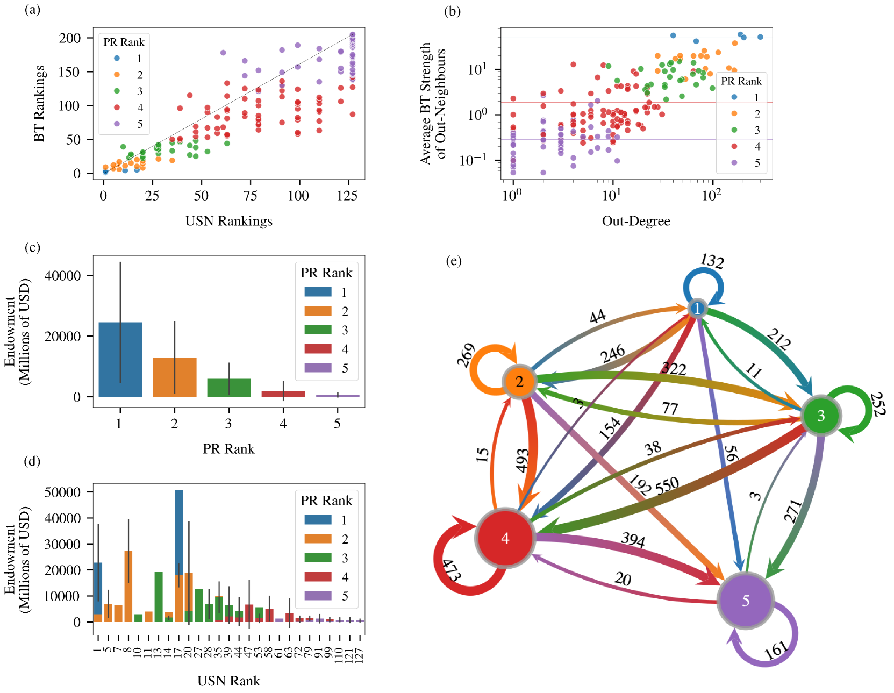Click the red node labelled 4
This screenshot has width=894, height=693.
[x=505, y=538]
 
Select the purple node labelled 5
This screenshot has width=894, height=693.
[x=745, y=601]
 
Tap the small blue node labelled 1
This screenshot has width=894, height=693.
[x=697, y=309]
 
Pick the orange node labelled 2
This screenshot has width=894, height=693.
[x=519, y=382]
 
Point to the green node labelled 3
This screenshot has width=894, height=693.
[x=820, y=416]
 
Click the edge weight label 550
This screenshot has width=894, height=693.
[x=667, y=486]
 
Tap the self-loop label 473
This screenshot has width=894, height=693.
[x=451, y=570]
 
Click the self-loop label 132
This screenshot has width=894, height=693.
[x=712, y=261]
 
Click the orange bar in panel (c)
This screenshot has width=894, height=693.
[x=175, y=377]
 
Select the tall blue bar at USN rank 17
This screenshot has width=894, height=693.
[x=179, y=532]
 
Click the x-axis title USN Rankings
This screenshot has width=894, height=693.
[x=228, y=221]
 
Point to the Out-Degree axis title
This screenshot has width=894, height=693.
[x=636, y=221]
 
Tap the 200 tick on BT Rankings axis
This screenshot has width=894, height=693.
[x=70, y=38]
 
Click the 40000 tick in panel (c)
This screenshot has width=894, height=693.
[x=62, y=275]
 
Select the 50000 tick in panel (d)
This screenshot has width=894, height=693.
[x=62, y=492]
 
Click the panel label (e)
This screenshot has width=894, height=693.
[x=454, y=261]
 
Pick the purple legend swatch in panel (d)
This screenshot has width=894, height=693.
[x=318, y=595]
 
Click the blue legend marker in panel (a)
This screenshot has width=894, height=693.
[x=117, y=58]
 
